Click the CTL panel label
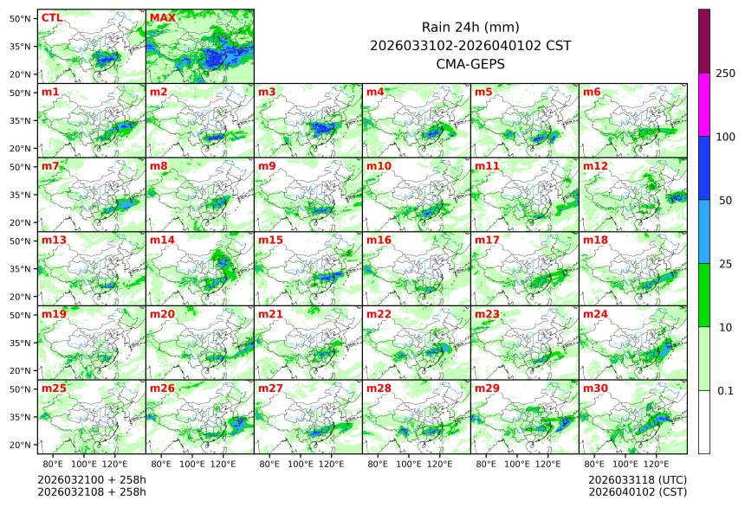(51, 17)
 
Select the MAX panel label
(162, 17)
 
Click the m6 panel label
(593, 92)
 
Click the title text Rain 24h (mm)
(470, 27)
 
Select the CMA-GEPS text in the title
(470, 63)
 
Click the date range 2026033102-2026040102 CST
(470, 45)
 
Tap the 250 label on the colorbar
(726, 74)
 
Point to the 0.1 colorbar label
(726, 391)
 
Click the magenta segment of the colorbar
(704, 104)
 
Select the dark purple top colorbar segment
(704, 41)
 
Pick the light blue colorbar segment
(704, 231)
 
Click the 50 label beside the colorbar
(726, 201)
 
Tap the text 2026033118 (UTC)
(637, 479)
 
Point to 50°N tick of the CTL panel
(20, 18)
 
